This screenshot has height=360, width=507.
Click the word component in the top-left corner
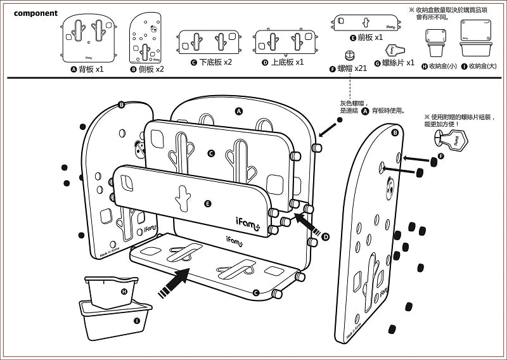pos(35,13)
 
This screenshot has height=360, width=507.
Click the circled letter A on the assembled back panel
pos(239,111)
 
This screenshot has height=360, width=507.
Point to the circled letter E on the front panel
pos(208,203)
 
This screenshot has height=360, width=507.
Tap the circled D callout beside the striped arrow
pos(326,236)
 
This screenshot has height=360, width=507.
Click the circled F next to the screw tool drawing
pos(442,155)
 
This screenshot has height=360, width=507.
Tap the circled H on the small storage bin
pos(124,291)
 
